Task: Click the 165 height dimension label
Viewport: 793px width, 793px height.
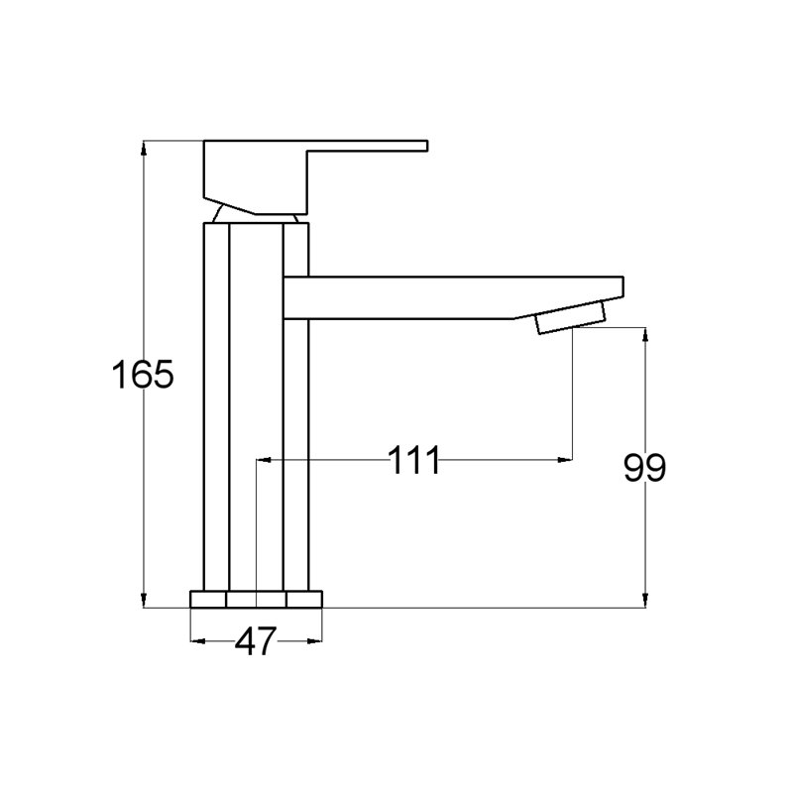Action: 143,375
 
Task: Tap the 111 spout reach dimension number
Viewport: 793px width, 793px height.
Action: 414,460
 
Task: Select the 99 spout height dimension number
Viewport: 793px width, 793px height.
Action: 644,468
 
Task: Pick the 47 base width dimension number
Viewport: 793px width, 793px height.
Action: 256,641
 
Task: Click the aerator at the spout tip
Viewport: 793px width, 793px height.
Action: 571,317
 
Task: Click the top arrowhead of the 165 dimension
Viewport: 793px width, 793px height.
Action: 144,148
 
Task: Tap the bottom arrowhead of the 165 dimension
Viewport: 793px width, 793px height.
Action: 144,600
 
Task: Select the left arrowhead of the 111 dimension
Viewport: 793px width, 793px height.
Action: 264,460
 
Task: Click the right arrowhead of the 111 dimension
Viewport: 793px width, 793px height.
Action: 565,460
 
